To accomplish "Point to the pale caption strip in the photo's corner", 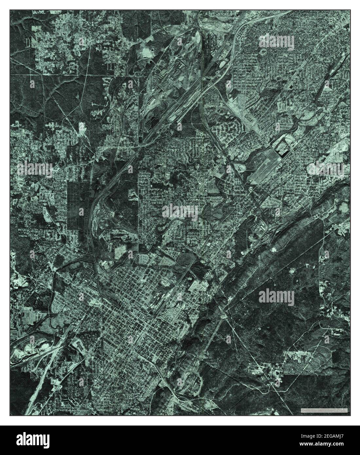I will coord(324,410).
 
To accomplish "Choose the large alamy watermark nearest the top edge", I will coord(277,42).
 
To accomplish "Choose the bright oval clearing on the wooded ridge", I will coord(272,249).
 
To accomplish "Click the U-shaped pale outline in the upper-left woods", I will coord(27,43).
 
